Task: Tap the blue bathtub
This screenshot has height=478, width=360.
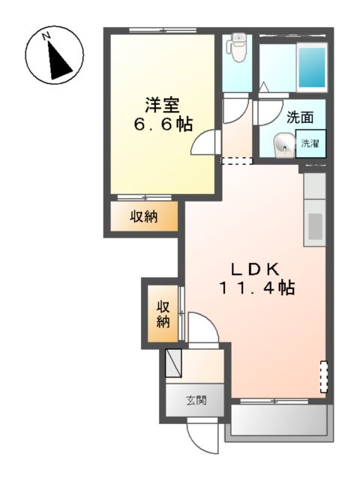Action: [311, 68]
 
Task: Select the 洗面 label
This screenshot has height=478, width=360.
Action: [300, 117]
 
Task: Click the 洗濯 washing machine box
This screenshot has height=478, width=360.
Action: [310, 142]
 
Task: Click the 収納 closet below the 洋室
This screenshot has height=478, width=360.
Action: [145, 217]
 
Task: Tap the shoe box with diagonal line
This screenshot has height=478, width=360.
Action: [172, 363]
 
